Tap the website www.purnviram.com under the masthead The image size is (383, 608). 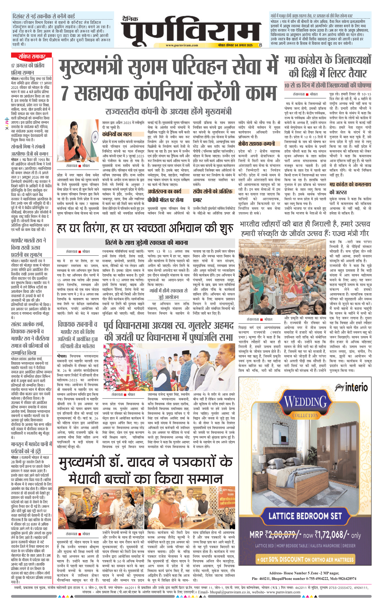tap(182, 45)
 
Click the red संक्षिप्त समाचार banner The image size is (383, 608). tap(32, 56)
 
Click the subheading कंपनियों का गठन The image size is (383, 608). tap(117, 134)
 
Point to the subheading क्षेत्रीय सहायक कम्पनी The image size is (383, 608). tap(257, 144)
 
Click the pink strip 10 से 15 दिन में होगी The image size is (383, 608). tap(328, 86)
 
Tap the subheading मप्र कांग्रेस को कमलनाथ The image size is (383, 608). tap(350, 184)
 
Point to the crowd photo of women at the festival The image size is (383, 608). tap(282, 277)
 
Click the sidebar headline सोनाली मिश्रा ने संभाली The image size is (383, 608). tap(28, 147)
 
